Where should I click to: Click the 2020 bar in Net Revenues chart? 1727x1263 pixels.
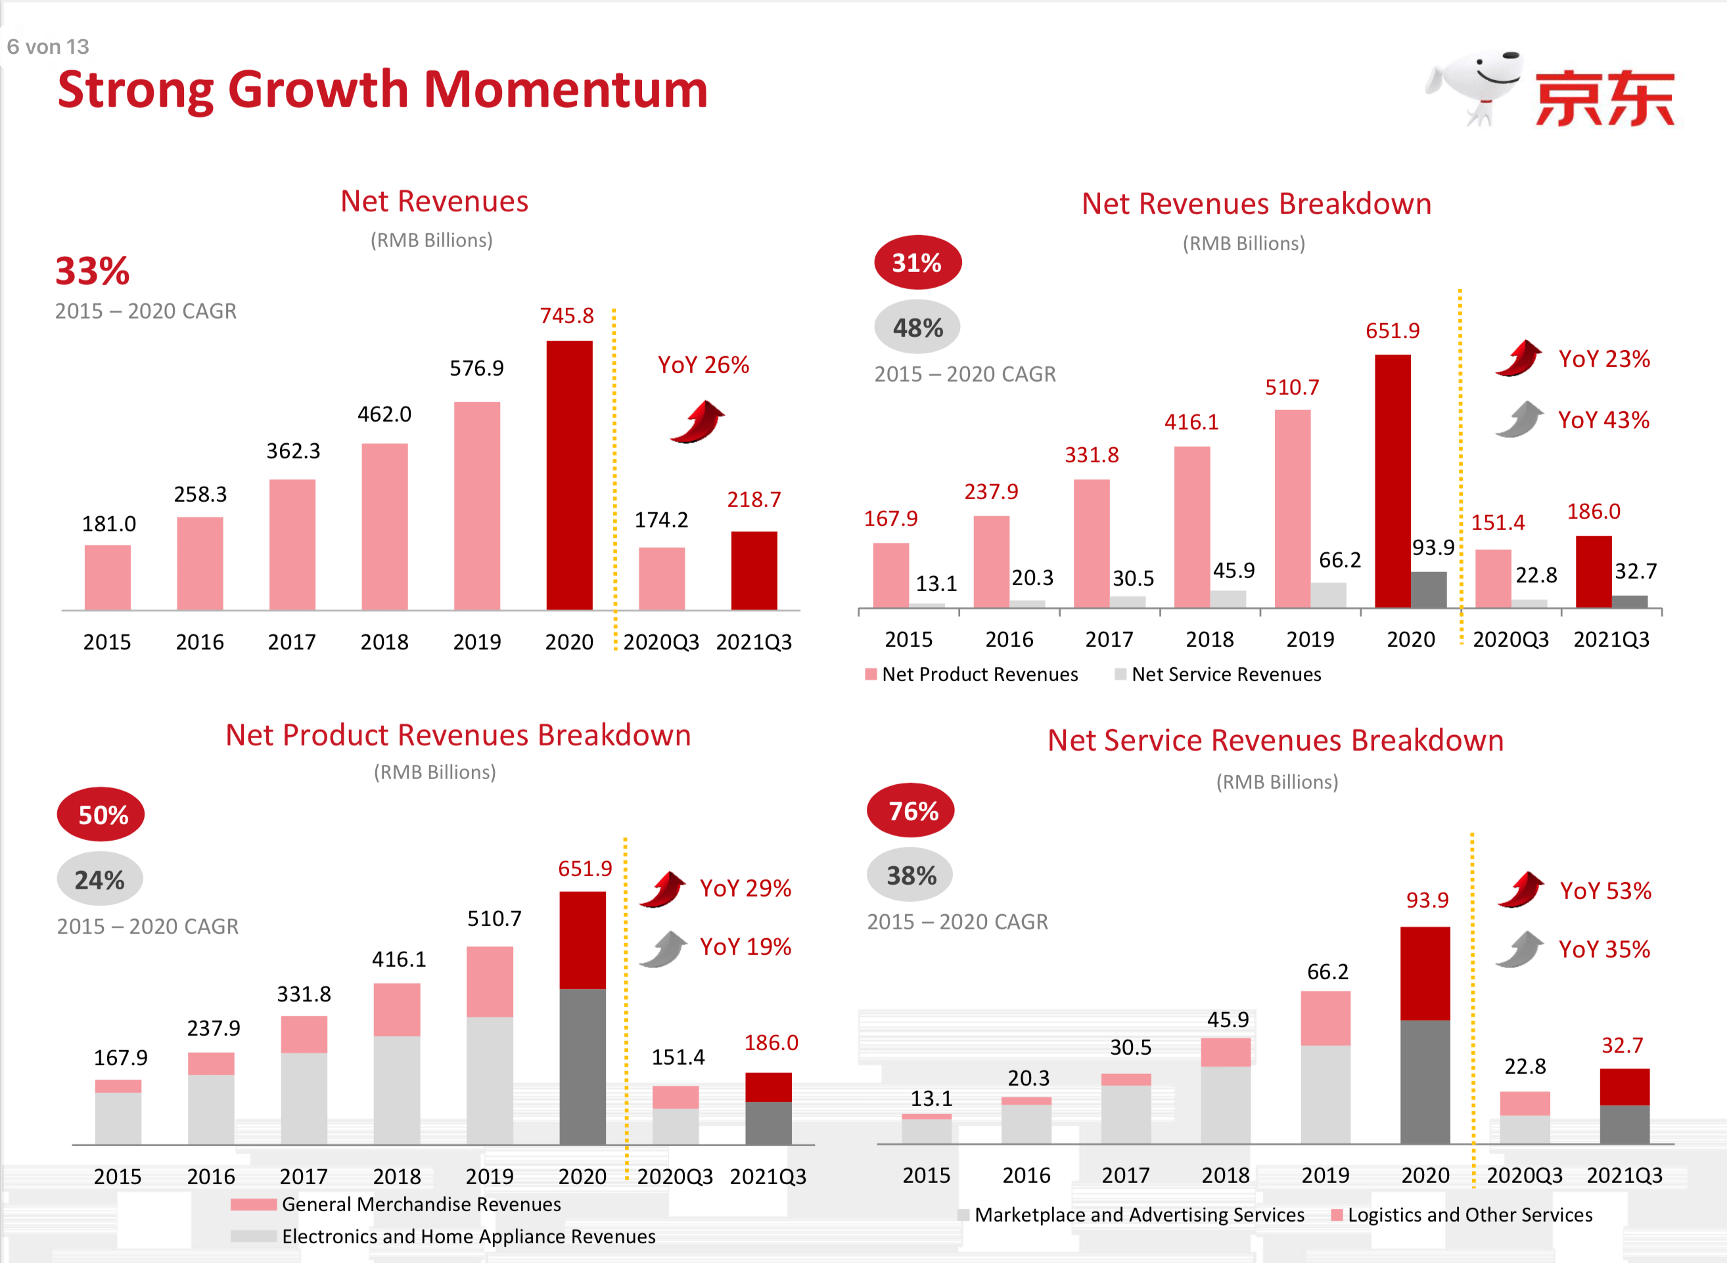[569, 475]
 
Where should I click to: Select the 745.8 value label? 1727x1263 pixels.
[566, 316]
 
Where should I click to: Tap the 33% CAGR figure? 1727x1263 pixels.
[93, 271]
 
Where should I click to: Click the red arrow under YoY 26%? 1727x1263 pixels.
[697, 422]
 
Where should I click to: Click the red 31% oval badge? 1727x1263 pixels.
[917, 263]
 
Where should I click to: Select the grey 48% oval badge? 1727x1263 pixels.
[917, 328]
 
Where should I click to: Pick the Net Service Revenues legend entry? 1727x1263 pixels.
[1226, 675]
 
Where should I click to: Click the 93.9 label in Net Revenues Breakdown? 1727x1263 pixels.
[1433, 547]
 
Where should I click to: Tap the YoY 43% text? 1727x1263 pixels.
[1604, 420]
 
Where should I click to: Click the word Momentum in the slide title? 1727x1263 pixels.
[566, 89]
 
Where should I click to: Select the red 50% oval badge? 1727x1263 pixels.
[101, 815]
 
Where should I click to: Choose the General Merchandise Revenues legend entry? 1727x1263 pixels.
[421, 1204]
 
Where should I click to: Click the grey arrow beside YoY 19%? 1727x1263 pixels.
[664, 950]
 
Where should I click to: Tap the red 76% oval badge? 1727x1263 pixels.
[911, 810]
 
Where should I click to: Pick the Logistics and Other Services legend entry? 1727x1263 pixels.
[1469, 1215]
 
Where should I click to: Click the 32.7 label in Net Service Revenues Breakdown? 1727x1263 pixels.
[1623, 1045]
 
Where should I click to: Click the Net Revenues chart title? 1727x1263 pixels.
[434, 202]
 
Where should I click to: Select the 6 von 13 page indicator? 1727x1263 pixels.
[47, 47]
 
